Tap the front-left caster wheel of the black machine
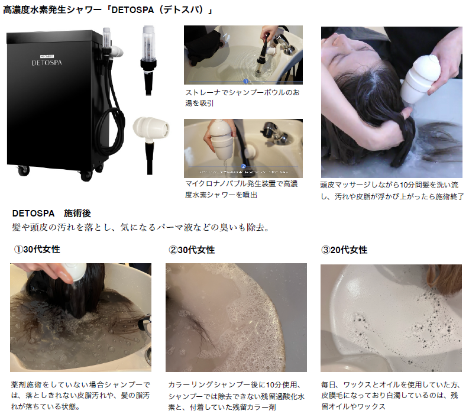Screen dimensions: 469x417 (24, 171)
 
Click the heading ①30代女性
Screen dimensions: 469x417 (37, 249)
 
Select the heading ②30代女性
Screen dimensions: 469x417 (192, 250)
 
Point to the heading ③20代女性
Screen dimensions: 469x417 (344, 250)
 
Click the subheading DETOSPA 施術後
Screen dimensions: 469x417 (51, 214)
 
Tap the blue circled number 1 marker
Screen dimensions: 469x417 (246, 81)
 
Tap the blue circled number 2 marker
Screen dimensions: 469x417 (244, 166)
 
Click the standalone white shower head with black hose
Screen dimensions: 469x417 (151, 141)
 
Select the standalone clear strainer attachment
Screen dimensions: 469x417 (148, 60)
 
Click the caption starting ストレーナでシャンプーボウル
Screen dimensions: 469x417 (242, 98)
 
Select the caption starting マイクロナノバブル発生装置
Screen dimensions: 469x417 (242, 189)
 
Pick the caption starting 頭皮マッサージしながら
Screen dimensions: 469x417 (392, 190)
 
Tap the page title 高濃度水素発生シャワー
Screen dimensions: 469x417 (108, 10)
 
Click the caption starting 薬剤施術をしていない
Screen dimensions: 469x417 (80, 396)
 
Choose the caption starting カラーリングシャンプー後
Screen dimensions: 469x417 (237, 396)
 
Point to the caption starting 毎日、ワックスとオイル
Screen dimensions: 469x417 (390, 395)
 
